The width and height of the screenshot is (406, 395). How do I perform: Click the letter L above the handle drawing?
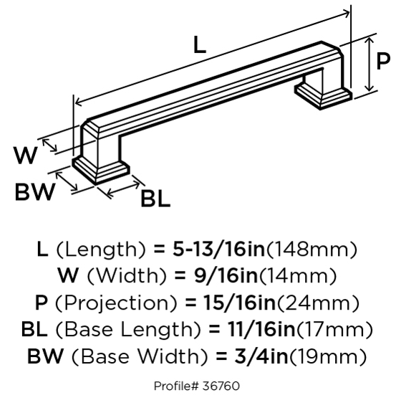(200, 45)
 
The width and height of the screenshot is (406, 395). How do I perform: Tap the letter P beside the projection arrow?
(383, 61)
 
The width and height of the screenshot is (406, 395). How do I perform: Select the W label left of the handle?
(26, 155)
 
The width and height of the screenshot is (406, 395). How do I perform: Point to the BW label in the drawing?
(35, 192)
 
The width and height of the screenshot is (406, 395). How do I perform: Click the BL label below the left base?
(155, 199)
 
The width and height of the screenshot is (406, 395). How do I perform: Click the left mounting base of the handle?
(101, 170)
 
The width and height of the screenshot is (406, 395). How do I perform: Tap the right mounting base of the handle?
(324, 96)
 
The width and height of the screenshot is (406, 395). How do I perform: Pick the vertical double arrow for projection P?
(369, 64)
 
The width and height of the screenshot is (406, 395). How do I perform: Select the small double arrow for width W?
(49, 145)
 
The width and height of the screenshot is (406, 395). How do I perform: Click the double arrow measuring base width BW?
(67, 181)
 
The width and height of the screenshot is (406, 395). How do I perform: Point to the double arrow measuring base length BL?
(123, 188)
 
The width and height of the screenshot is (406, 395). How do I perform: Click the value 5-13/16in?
(219, 249)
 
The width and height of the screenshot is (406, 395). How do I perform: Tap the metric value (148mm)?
(311, 250)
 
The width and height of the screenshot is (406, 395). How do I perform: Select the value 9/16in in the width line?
(226, 275)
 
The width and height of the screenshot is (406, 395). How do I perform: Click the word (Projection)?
(117, 303)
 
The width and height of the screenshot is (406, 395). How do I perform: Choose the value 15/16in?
(240, 303)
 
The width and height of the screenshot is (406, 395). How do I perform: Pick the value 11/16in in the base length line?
(261, 329)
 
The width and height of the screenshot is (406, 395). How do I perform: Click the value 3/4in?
(261, 356)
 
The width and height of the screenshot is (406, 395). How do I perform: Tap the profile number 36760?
(221, 386)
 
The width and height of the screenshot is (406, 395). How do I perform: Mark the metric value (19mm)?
(327, 356)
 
